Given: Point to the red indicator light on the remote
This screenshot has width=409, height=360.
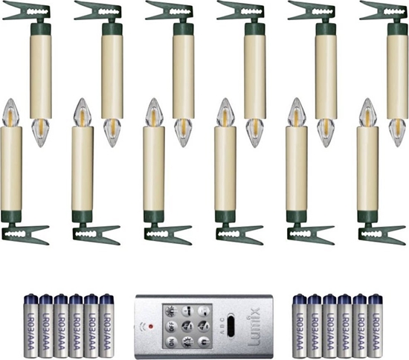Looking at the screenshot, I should [x=150, y=326].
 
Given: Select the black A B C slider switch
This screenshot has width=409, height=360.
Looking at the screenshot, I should [x=231, y=326].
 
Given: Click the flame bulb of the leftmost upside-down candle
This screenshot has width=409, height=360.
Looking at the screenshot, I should [x=40, y=132].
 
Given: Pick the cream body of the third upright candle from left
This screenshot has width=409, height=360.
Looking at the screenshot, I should [x=154, y=168].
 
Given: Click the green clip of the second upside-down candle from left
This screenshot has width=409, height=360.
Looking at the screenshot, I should [x=100, y=12].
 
